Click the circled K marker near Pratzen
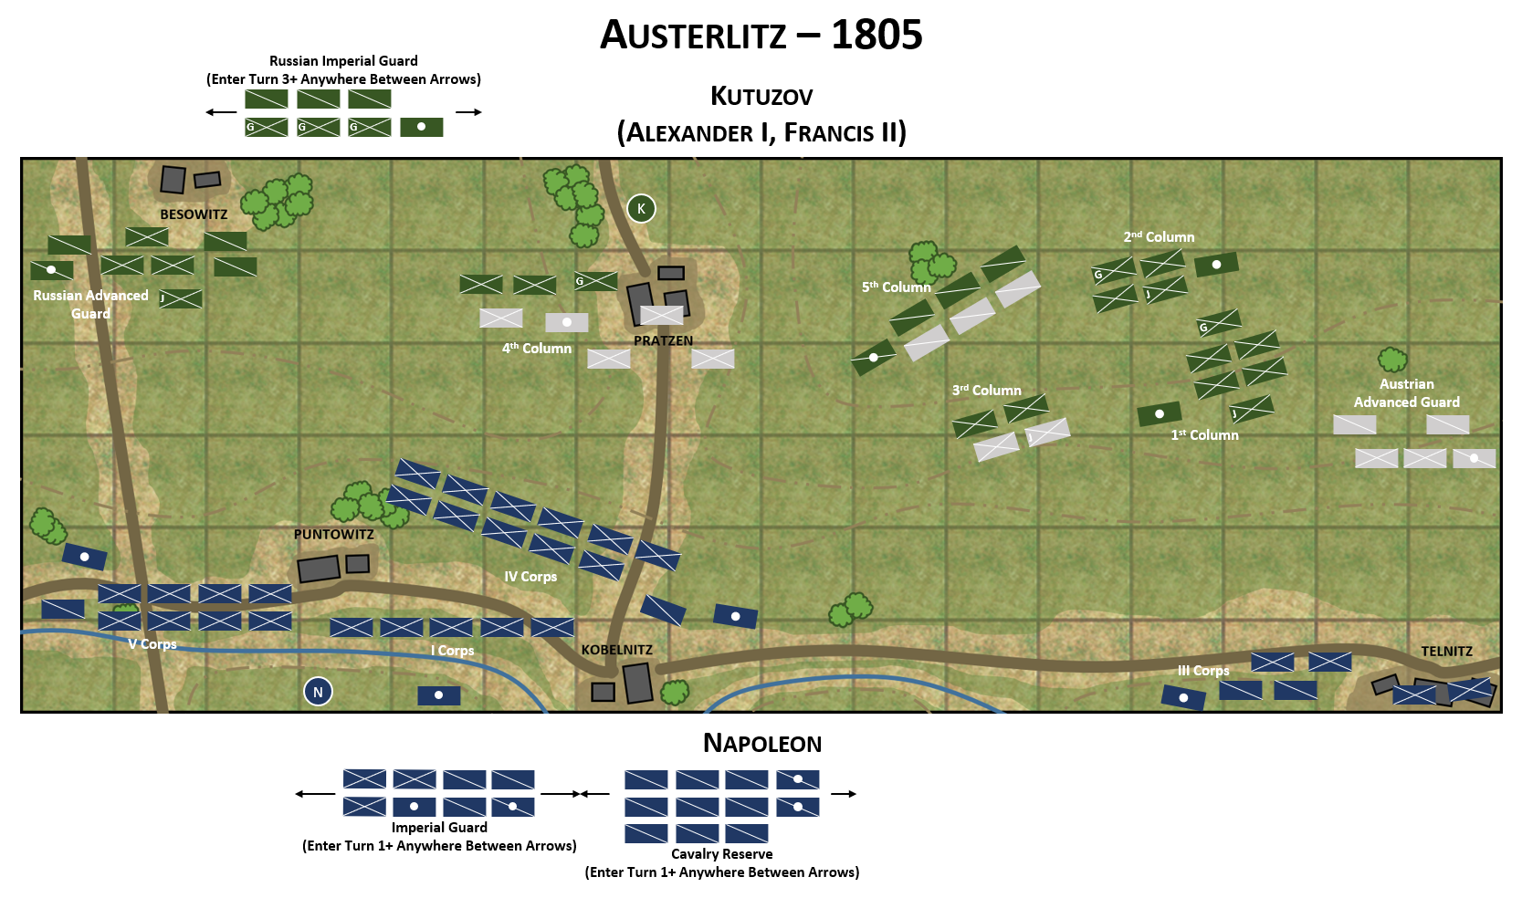[x=641, y=209]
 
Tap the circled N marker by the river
[x=318, y=692]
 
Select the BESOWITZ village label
[x=194, y=214]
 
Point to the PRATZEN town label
[x=663, y=340]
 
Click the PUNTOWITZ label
[x=333, y=535]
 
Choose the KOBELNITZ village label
[x=616, y=650]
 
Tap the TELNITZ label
[x=1446, y=652]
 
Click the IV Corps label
[x=530, y=577]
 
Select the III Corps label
[x=1203, y=671]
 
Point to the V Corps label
[x=152, y=644]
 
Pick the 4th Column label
[x=537, y=349]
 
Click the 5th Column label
[x=896, y=287]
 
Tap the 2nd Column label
[x=1159, y=237]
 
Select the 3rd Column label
[x=986, y=391]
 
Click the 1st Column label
[x=1204, y=435]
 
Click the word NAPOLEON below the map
[x=762, y=744]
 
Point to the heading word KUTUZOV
[x=761, y=97]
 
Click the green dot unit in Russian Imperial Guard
[x=421, y=127]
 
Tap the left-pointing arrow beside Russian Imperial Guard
[x=221, y=112]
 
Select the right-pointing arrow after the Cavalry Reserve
[x=844, y=794]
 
